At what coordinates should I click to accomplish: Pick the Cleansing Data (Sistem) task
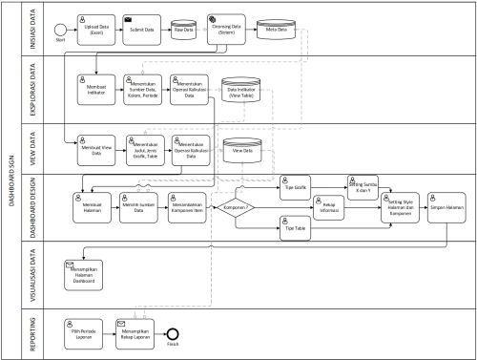click(227, 30)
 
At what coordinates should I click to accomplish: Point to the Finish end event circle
click(173, 335)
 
